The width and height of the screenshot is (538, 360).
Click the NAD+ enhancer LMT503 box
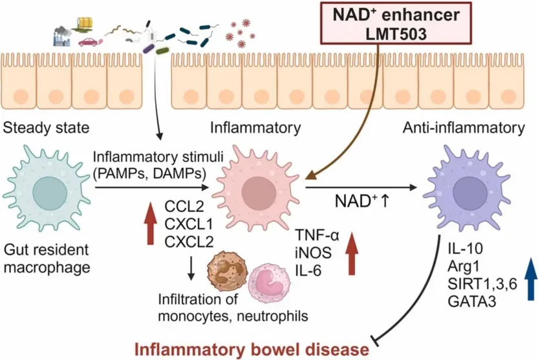point(396,24)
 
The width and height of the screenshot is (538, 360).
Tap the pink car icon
point(88,42)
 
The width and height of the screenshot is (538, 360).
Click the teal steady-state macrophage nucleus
point(50,193)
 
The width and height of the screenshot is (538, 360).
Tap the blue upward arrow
point(531,279)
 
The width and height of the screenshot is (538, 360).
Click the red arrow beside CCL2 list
point(150,224)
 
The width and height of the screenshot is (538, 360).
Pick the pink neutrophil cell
point(269,283)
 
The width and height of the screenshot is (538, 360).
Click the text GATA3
point(472,302)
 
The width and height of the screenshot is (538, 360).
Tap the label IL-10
point(466,248)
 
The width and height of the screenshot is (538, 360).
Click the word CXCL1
point(189,224)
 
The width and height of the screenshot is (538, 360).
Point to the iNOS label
point(313,253)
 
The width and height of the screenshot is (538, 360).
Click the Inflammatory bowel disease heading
point(252,350)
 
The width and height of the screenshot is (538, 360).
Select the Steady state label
point(47,127)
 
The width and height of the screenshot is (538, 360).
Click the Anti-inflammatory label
point(464,127)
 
